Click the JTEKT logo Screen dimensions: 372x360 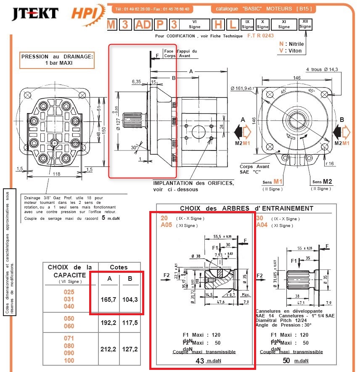tap(35, 13)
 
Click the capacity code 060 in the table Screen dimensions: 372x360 tap(69, 327)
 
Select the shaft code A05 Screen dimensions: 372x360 tap(167, 225)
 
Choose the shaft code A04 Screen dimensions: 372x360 tap(262, 225)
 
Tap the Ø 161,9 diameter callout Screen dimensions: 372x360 tap(243, 88)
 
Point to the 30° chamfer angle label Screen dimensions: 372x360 tap(134, 148)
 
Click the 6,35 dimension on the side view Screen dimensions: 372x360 tap(137, 81)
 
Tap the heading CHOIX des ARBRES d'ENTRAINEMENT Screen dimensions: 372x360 tap(246, 208)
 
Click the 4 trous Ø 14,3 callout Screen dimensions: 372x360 tap(322, 69)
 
